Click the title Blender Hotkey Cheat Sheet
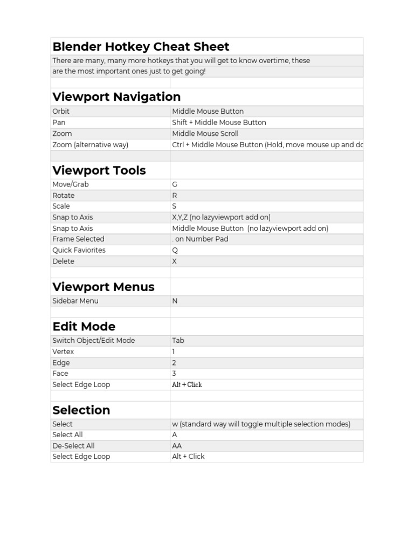pyautogui.click(x=141, y=47)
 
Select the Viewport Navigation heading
pyautogui.click(x=116, y=97)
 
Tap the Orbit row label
pyautogui.click(x=61, y=111)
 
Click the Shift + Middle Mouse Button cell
pyautogui.click(x=219, y=122)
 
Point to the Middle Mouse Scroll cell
pyautogui.click(x=205, y=133)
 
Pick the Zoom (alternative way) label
pyautogui.click(x=90, y=144)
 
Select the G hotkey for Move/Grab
pyautogui.click(x=175, y=184)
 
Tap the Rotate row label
pyautogui.click(x=64, y=195)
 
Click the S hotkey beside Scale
pyautogui.click(x=174, y=206)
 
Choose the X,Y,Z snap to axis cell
pyautogui.click(x=221, y=217)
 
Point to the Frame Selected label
pyautogui.click(x=78, y=239)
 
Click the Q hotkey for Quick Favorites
pyautogui.click(x=175, y=250)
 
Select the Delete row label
pyautogui.click(x=63, y=261)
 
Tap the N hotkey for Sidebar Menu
pyautogui.click(x=175, y=301)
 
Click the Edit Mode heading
pyautogui.click(x=84, y=327)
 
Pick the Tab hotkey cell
pyautogui.click(x=178, y=340)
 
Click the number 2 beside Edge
pyautogui.click(x=174, y=363)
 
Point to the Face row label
pyautogui.click(x=60, y=373)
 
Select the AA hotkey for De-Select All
pyautogui.click(x=177, y=446)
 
